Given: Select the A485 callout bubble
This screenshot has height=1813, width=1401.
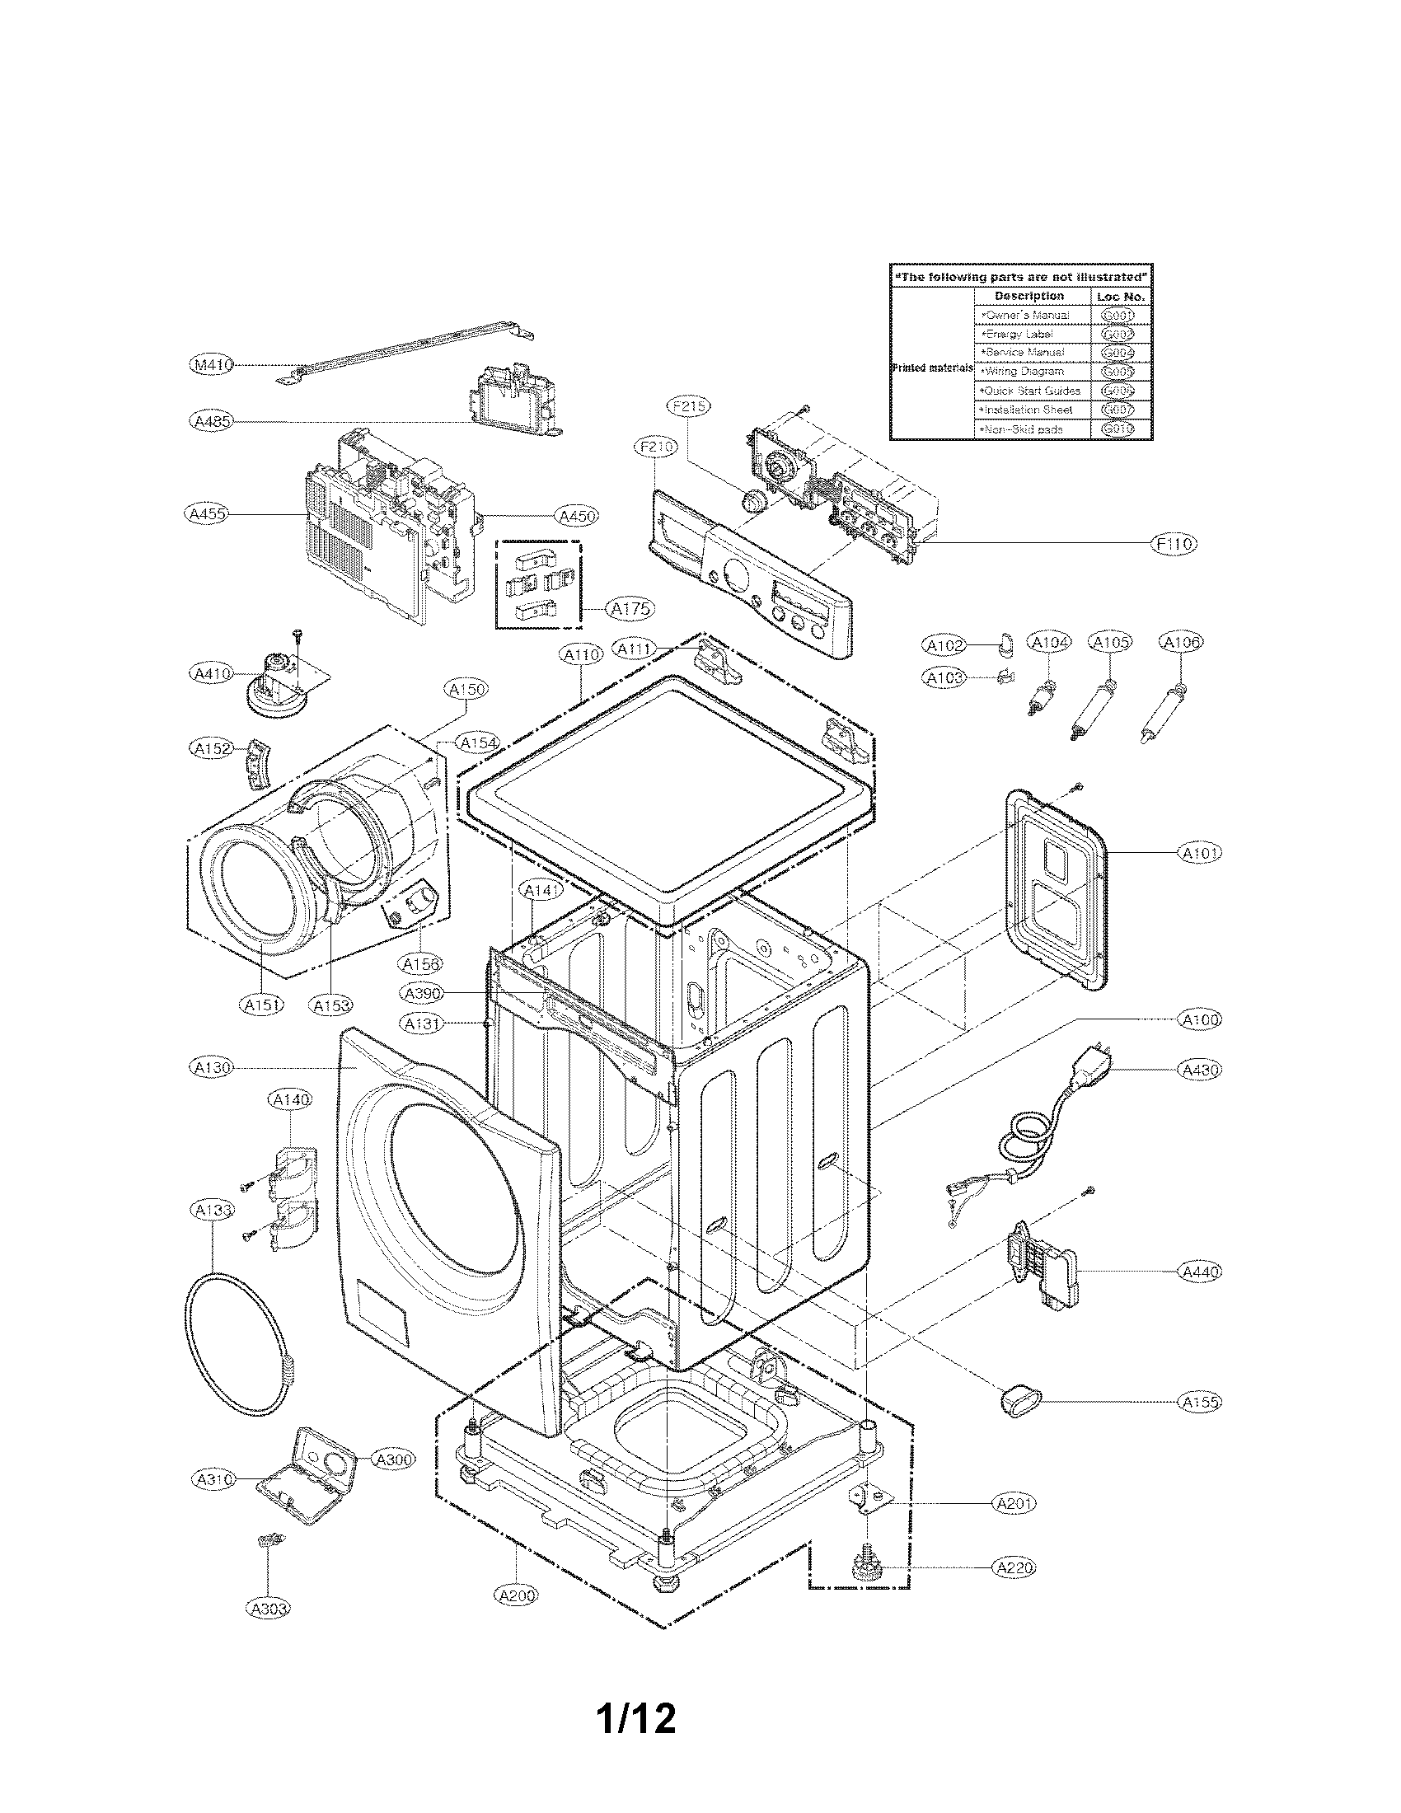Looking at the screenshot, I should coord(210,422).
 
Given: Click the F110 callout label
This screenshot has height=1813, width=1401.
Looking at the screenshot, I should coord(1174,544).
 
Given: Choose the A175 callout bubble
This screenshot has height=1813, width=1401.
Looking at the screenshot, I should coord(630,608).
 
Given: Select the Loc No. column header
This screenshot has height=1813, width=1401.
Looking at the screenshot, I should coord(1121,297).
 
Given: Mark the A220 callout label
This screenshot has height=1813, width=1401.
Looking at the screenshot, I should coord(1014,1567).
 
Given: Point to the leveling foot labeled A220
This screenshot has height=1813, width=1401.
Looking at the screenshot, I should coord(864,1567).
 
